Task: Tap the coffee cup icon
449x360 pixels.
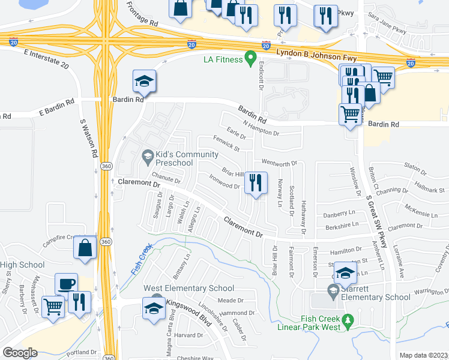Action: tap(66, 284)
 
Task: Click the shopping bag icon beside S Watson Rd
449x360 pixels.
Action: tap(85, 247)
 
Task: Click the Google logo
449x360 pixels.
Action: tap(20, 352)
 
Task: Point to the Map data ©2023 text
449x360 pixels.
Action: tap(423, 355)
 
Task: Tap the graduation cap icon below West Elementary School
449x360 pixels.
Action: tap(154, 308)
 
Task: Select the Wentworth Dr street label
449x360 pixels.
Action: tap(279, 163)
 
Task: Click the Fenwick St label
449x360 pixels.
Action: tap(226, 143)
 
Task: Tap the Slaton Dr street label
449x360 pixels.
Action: tap(415, 166)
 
